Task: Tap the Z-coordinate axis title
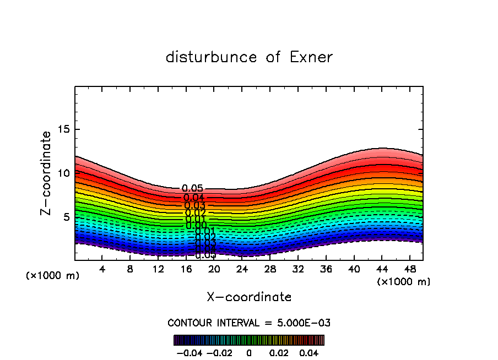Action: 47,173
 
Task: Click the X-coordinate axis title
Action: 249,297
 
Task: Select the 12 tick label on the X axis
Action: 158,269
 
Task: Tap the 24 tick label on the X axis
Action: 242,269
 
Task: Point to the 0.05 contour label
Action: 192,189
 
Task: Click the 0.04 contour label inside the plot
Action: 194,198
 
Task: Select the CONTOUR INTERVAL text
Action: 249,323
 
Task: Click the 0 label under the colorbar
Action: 249,352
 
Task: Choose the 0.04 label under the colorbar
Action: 309,352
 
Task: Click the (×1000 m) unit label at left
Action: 53,276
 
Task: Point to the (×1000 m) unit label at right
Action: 404,282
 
